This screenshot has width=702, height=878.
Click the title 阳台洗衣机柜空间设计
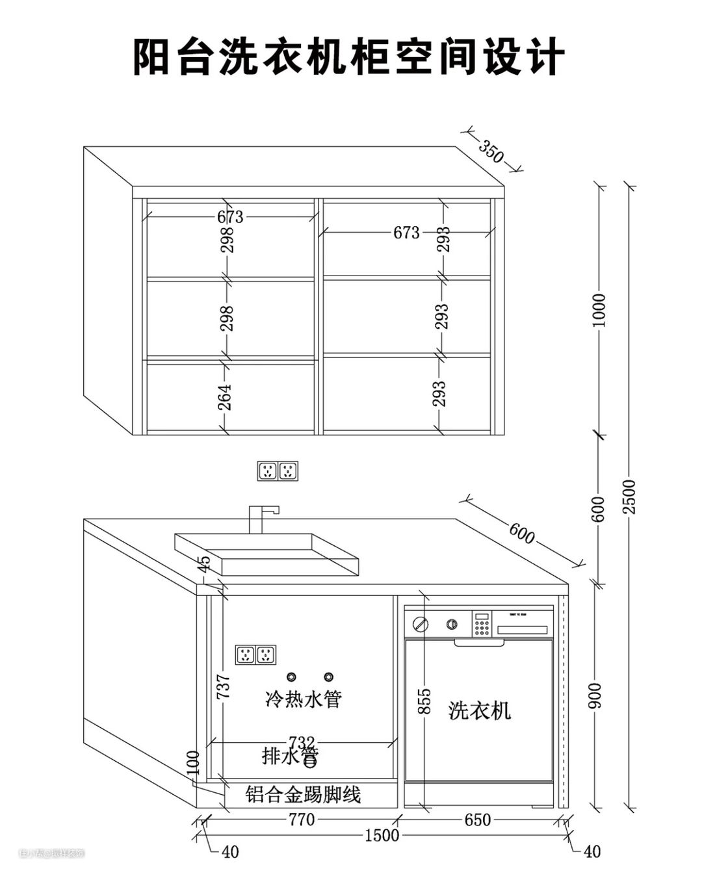(349, 57)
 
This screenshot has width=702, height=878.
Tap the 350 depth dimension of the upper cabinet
(491, 151)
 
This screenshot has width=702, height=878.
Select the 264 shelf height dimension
(224, 396)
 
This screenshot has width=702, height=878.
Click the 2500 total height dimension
(629, 497)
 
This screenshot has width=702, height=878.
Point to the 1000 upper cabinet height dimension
(599, 311)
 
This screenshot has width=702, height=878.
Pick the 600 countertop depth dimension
(521, 534)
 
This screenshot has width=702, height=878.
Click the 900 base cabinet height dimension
(597, 695)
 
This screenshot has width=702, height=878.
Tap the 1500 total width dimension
(382, 835)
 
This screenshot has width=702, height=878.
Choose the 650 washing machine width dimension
(477, 820)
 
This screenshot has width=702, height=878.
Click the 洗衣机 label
(480, 710)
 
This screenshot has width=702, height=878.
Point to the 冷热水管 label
(304, 699)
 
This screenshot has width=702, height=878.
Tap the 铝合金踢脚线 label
(303, 794)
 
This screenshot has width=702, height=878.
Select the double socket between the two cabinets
(278, 471)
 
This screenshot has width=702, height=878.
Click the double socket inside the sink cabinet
(256, 655)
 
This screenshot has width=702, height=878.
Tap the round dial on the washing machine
(421, 625)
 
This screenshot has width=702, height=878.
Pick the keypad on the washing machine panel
(481, 624)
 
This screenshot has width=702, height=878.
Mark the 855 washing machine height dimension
(424, 701)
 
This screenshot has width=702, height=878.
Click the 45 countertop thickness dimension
(205, 564)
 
